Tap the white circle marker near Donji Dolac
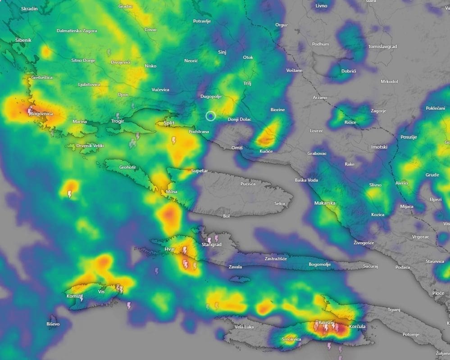click(211, 116)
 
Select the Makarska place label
click(325, 203)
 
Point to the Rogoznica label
click(41, 114)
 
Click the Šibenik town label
click(23, 40)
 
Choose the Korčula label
click(357, 326)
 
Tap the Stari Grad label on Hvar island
click(211, 244)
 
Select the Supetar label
click(200, 171)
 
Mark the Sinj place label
click(222, 52)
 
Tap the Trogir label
click(118, 121)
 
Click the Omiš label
click(237, 148)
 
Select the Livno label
click(321, 6)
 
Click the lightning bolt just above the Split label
click(174, 140)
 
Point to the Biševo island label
click(53, 324)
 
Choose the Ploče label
click(438, 293)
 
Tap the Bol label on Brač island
click(226, 216)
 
